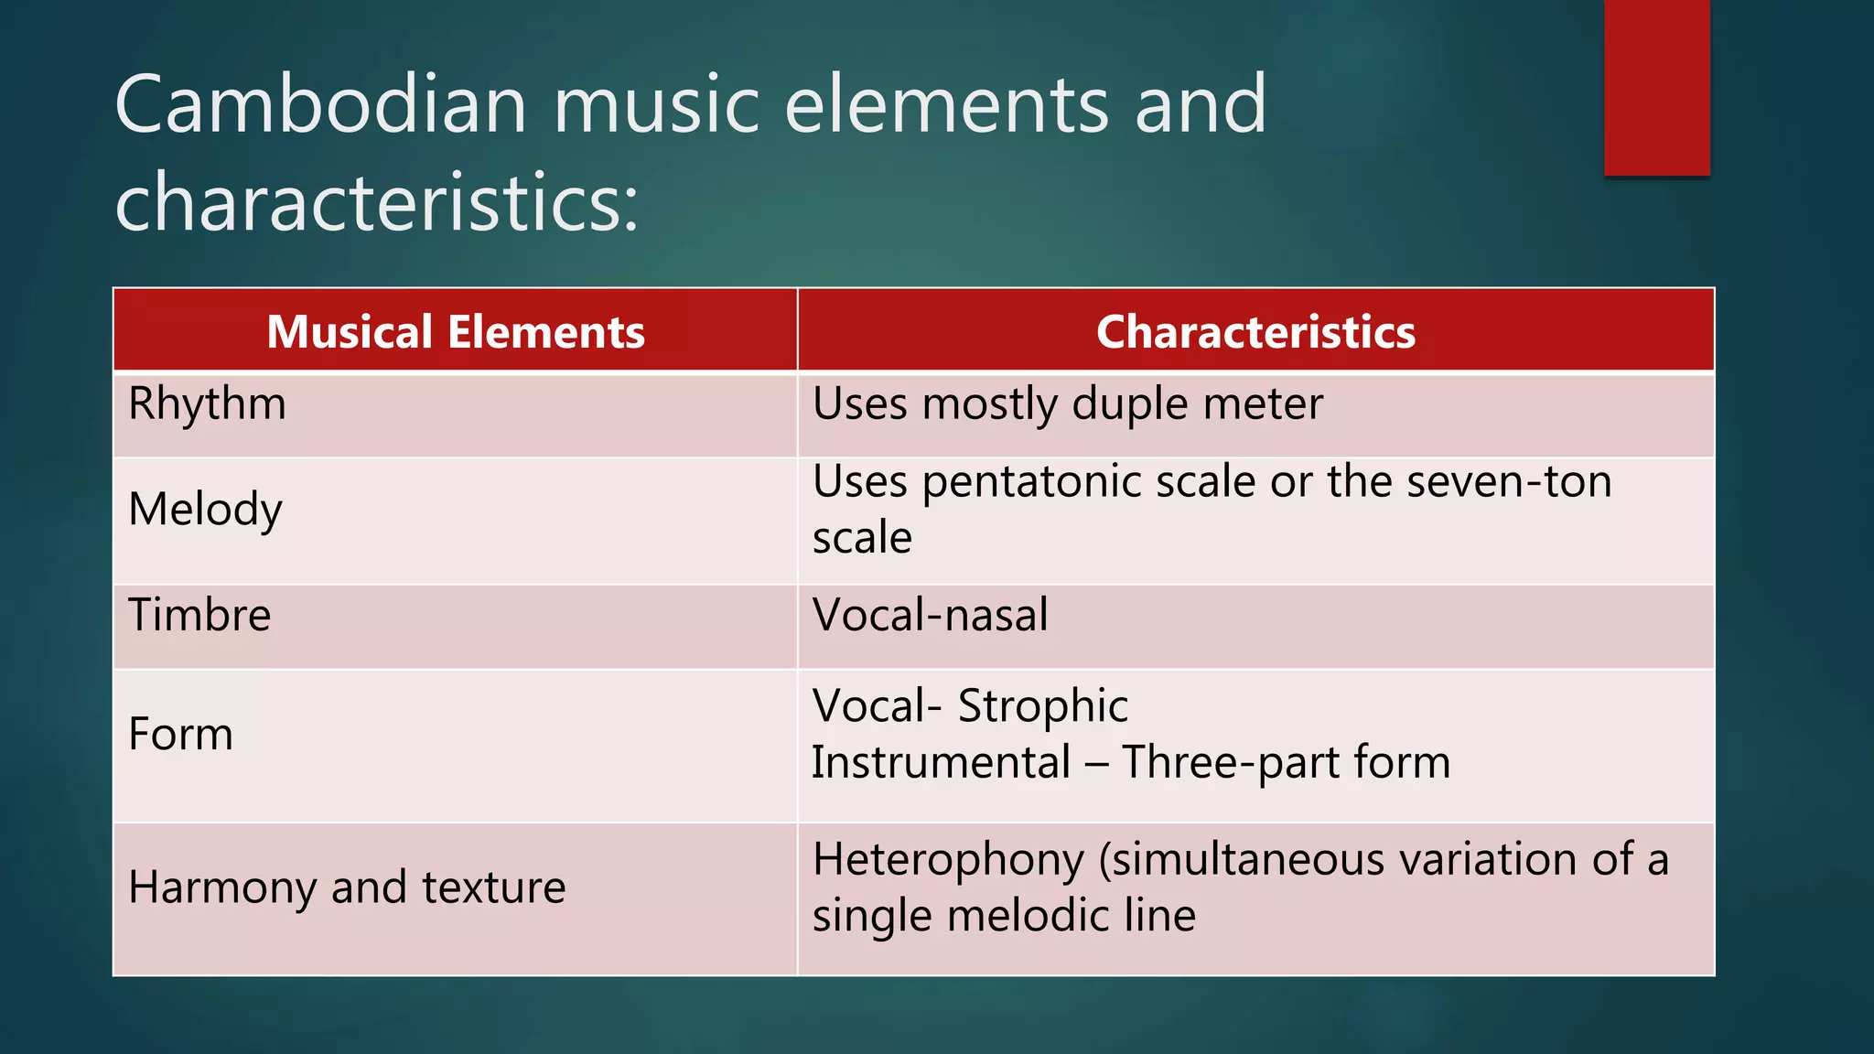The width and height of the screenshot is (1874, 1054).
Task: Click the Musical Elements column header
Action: click(456, 331)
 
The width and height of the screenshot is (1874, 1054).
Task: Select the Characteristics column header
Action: click(1255, 331)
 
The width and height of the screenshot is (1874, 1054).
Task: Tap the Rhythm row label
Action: click(207, 404)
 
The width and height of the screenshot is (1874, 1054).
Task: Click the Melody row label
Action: click(205, 510)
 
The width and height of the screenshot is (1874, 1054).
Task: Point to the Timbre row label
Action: click(199, 615)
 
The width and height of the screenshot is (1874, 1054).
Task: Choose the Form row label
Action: click(180, 735)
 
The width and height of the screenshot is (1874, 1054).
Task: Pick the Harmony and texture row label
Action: click(347, 887)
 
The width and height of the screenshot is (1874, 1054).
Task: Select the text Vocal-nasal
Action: click(930, 615)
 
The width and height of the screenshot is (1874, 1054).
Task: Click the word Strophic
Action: click(1042, 706)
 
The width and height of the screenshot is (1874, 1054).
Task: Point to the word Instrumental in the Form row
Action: click(941, 762)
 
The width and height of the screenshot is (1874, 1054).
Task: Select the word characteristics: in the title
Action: click(376, 202)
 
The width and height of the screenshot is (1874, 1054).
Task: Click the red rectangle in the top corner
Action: click(1656, 87)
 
